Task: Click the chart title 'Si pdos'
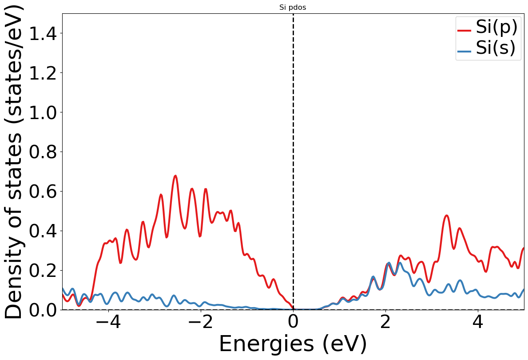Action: [293, 7]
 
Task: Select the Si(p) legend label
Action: [496, 28]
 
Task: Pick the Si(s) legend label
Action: [496, 48]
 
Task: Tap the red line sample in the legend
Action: [464, 30]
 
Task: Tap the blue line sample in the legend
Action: [464, 51]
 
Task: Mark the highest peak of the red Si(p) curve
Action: [175, 176]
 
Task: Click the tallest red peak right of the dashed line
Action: [447, 216]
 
